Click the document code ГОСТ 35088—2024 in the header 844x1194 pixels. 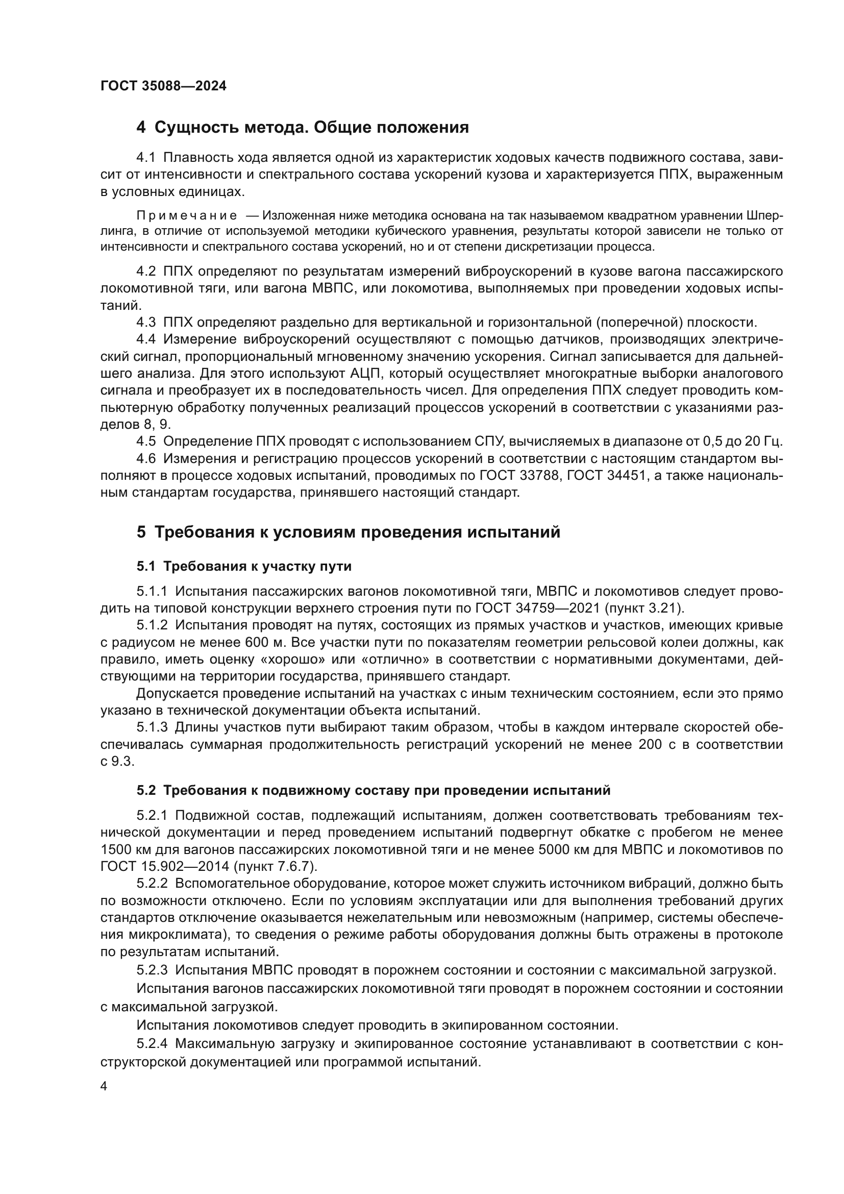pyautogui.click(x=163, y=86)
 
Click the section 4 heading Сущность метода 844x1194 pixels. pyautogui.click(x=303, y=128)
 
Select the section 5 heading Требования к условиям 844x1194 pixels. pyautogui.click(x=348, y=532)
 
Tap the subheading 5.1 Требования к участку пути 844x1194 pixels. pyautogui.click(x=244, y=566)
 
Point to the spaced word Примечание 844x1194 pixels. pyautogui.click(x=187, y=215)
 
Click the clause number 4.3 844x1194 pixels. pyautogui.click(x=146, y=323)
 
